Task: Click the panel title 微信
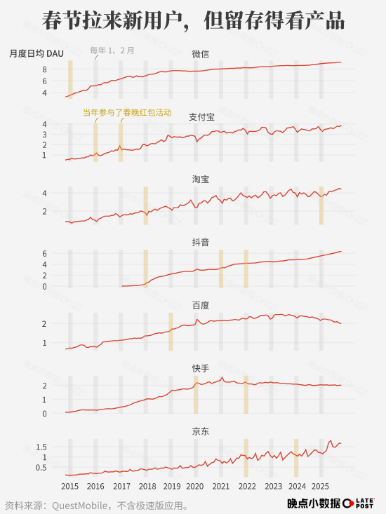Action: [x=200, y=53]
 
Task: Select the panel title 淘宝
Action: [x=200, y=179]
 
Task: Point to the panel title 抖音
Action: [x=200, y=242]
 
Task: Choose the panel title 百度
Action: [x=200, y=305]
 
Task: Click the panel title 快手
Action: [x=200, y=368]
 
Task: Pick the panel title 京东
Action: [x=200, y=431]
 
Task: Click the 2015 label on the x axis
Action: [x=69, y=486]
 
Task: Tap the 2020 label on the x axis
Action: [x=195, y=486]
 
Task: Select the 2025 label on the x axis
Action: [x=320, y=486]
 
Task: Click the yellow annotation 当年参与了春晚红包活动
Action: [x=127, y=112]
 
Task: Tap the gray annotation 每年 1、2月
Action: [x=113, y=50]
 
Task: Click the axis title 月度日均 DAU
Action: [x=36, y=53]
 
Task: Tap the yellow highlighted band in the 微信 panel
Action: [x=70, y=79]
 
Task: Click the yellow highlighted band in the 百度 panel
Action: [x=171, y=331]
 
